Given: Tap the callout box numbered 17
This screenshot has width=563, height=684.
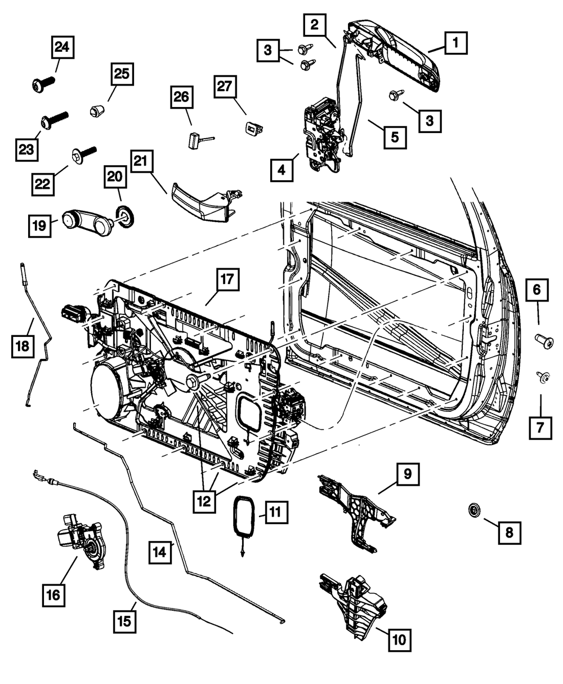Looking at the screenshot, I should click(226, 279).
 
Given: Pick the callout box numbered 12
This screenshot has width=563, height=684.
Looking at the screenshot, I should click(204, 500).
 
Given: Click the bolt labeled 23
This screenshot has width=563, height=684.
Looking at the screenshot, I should click(53, 119).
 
